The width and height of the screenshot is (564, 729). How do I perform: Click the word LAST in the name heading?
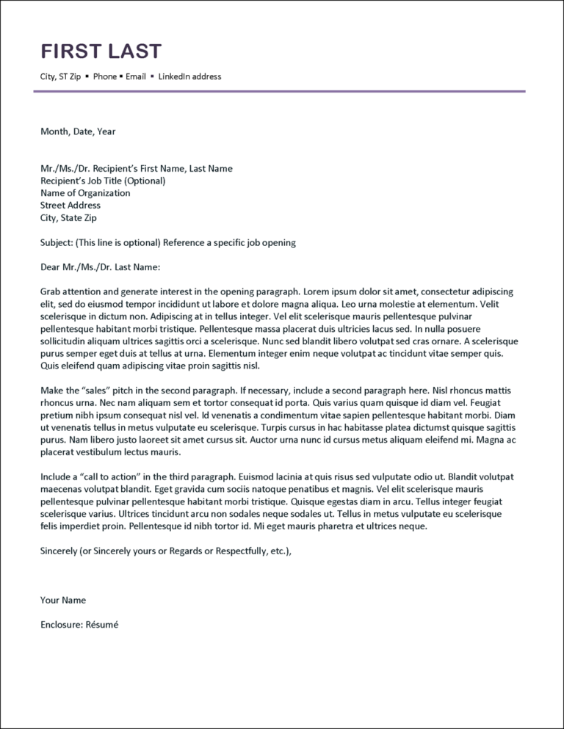click(x=135, y=51)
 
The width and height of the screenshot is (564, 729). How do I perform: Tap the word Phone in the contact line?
click(x=105, y=76)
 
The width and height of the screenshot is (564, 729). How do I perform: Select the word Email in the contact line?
click(x=136, y=76)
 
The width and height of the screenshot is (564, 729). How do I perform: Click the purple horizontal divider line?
click(x=279, y=91)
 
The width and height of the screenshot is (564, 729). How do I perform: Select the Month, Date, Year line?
click(x=78, y=131)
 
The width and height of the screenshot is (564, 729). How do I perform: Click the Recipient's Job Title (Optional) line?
click(x=103, y=181)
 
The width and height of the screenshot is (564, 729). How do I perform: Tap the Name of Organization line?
click(x=85, y=193)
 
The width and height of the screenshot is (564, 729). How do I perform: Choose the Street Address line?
click(x=70, y=206)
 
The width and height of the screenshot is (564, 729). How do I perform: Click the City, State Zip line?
click(x=68, y=218)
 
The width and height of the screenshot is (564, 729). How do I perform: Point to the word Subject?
click(x=56, y=242)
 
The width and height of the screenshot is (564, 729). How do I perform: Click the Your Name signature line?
click(x=63, y=600)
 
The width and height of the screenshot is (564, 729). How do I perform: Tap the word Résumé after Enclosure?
click(x=102, y=625)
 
